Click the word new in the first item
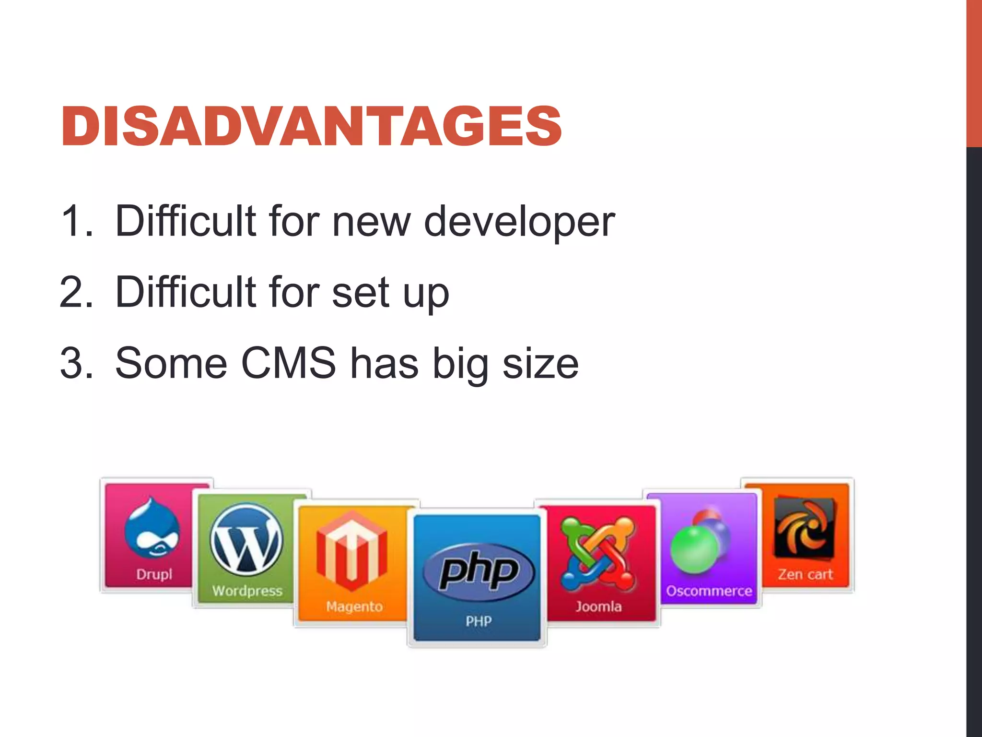pyautogui.click(x=372, y=222)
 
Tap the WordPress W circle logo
pyautogui.click(x=246, y=539)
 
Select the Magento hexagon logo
pyautogui.click(x=351, y=551)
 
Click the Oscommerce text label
pyautogui.click(x=709, y=591)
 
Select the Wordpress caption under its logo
pyautogui.click(x=247, y=591)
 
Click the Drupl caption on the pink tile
pyautogui.click(x=154, y=574)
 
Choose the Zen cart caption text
pyautogui.click(x=805, y=574)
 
